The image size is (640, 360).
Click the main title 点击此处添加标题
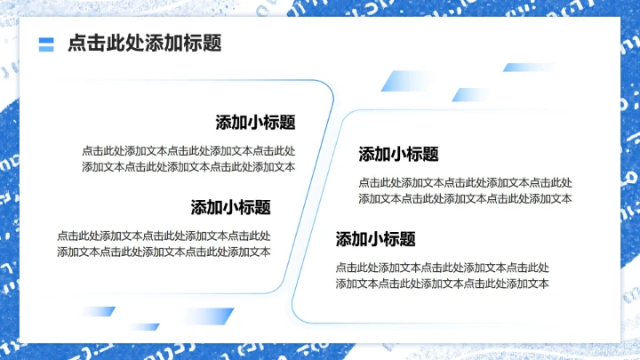point(144,44)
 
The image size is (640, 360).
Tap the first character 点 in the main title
point(76,44)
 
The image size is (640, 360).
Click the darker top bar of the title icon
point(47,40)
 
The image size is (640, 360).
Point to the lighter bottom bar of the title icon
point(47,48)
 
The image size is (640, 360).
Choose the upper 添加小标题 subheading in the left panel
point(255,123)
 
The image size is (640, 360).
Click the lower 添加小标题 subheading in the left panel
point(230,207)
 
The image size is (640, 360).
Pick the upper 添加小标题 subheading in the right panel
point(398,154)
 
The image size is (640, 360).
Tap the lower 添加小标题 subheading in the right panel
point(375,239)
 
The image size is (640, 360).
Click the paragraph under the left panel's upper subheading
point(188,158)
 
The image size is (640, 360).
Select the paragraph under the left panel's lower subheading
point(164,244)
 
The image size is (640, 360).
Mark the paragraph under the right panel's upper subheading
point(465,190)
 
